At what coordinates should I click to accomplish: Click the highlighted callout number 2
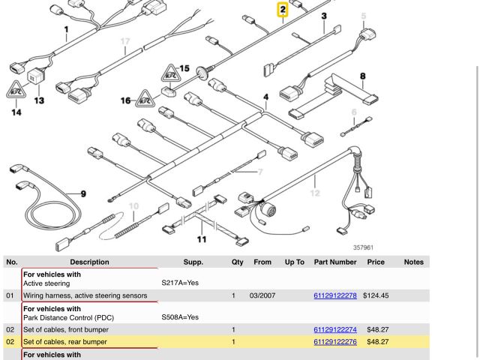tap(283, 10)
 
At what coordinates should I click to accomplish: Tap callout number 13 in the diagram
tap(39, 100)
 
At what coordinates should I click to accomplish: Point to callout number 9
tap(83, 194)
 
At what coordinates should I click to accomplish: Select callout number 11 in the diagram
tap(202, 240)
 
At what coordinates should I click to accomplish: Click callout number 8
tap(363, 76)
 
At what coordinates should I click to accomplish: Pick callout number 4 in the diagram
tap(265, 97)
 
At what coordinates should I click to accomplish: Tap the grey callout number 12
tap(315, 193)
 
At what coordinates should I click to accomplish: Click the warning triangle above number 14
tap(16, 92)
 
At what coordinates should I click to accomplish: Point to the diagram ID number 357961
tap(363, 247)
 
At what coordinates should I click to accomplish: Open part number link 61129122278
tap(335, 295)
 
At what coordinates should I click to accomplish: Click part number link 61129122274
tap(335, 329)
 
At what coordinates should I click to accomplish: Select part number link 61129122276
tap(335, 341)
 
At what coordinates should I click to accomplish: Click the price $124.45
tap(376, 295)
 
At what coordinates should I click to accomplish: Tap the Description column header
tap(89, 262)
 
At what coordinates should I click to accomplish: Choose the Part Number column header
tap(335, 262)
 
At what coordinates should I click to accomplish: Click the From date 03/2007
tap(262, 295)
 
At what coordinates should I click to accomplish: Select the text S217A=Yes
tap(180, 283)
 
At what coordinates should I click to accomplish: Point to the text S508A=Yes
tap(180, 317)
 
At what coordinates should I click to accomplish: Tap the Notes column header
tap(413, 262)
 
